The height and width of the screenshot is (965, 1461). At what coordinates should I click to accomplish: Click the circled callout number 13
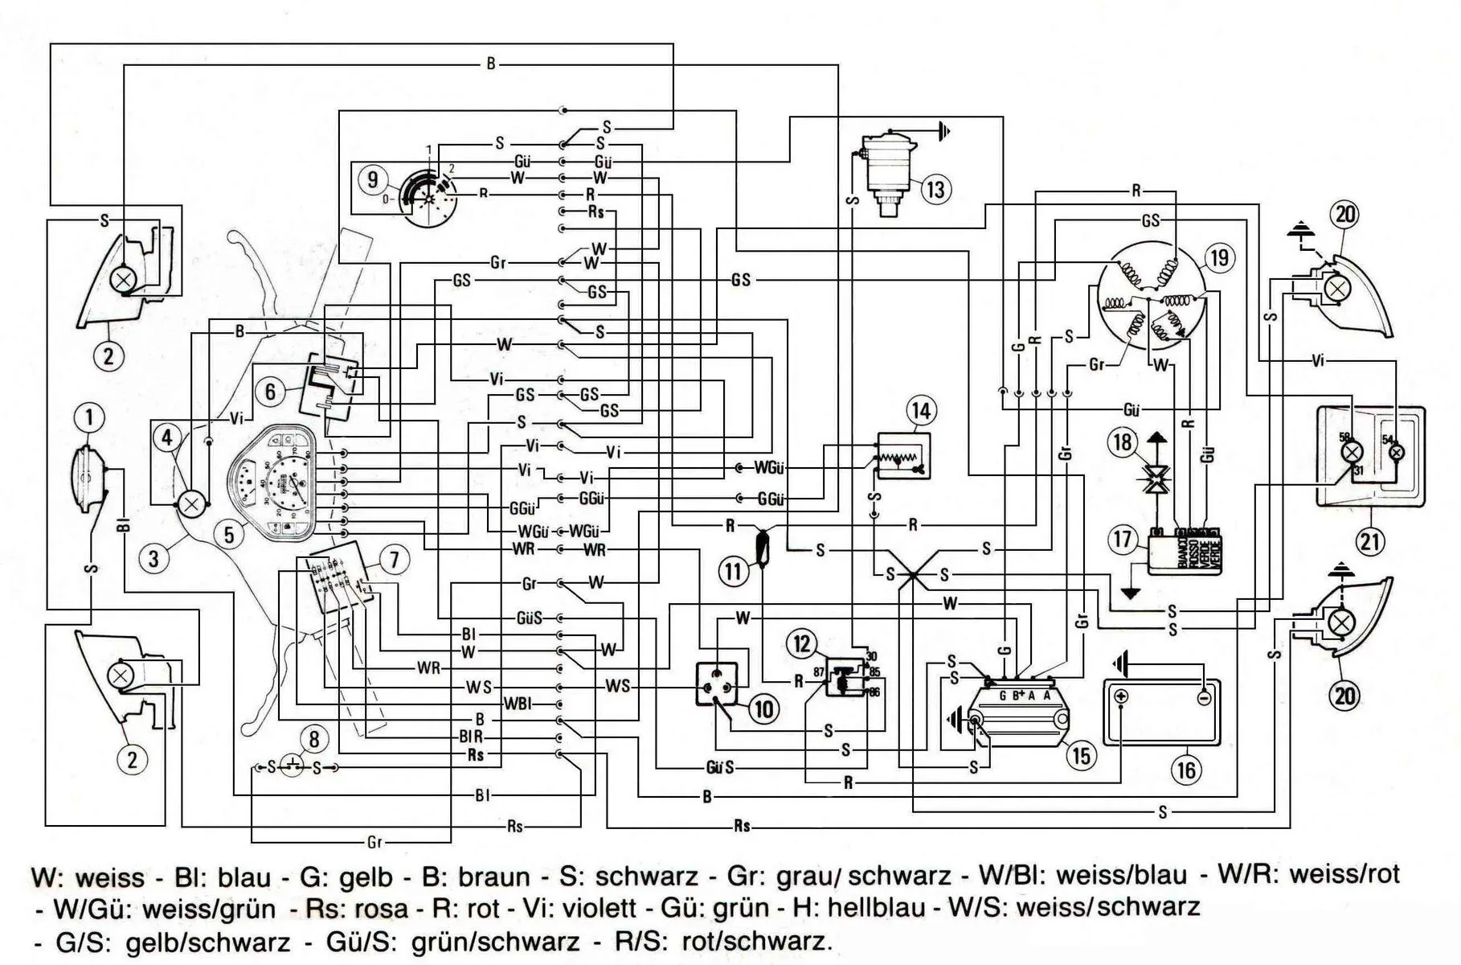pos(935,190)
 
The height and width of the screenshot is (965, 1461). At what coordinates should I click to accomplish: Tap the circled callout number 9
pos(371,179)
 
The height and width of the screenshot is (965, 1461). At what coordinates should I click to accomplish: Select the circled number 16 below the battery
pos(1186,770)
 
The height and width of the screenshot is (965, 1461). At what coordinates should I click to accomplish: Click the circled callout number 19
pos(1219,257)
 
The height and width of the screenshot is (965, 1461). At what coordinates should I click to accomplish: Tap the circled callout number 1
pos(89,417)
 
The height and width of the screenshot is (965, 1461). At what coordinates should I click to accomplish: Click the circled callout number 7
pos(394,559)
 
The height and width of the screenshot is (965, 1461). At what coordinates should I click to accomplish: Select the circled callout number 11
pos(732,572)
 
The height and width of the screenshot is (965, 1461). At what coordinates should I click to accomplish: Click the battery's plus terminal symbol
pos(1122,696)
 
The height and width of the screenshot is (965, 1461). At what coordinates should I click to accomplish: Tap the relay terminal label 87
pos(819,671)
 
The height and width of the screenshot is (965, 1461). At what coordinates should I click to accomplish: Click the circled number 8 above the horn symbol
pos(314,739)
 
